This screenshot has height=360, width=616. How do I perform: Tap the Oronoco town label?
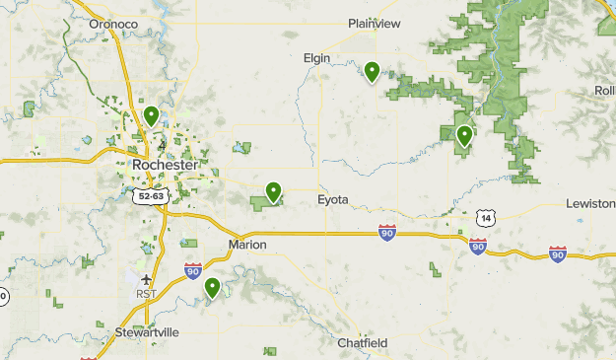[x=111, y=24]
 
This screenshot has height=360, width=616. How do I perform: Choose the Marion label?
[x=247, y=245]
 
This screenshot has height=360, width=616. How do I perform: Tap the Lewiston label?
[x=590, y=203]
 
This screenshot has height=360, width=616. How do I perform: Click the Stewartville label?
[x=147, y=332]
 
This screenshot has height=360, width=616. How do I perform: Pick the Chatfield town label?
[x=363, y=343]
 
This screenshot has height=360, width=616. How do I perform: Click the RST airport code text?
[x=146, y=294]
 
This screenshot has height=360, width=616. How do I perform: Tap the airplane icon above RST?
[x=146, y=279]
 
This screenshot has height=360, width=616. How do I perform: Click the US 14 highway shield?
[x=483, y=217]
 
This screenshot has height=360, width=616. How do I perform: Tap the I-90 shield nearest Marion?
[x=192, y=270]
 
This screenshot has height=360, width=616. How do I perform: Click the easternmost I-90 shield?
[x=558, y=254]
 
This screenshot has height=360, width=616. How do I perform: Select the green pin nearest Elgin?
[x=372, y=71]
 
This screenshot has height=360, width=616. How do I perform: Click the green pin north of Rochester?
[x=151, y=115]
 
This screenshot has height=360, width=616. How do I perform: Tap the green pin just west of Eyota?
[x=274, y=191]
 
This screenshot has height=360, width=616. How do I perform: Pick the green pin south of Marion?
[x=213, y=288]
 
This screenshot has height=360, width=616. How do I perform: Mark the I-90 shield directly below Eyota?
[x=386, y=233]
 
